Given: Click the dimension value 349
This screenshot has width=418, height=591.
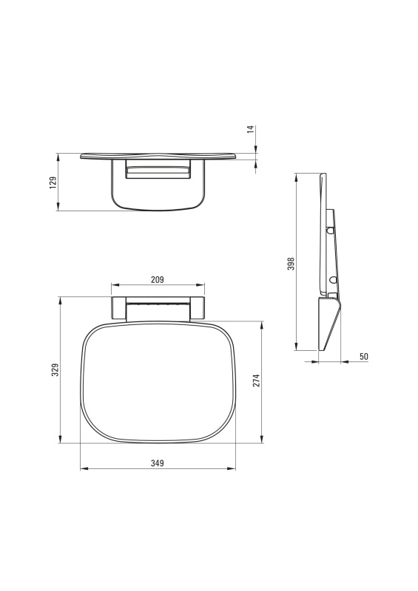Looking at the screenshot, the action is pyautogui.click(x=158, y=463).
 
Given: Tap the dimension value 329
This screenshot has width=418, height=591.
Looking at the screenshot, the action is pyautogui.click(x=55, y=370).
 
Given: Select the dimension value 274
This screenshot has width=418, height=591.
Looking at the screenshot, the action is pyautogui.click(x=257, y=380).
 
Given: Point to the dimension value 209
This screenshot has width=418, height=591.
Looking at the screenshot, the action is pyautogui.click(x=158, y=280).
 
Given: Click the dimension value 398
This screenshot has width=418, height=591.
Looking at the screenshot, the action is pyautogui.click(x=291, y=264).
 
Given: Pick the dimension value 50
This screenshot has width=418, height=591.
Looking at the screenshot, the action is pyautogui.click(x=364, y=357).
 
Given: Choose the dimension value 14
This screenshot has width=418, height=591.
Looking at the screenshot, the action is pyautogui.click(x=251, y=130).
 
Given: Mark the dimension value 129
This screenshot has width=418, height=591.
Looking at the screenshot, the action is pyautogui.click(x=53, y=182).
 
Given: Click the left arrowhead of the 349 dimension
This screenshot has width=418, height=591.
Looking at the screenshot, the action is pyautogui.click(x=84, y=469).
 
